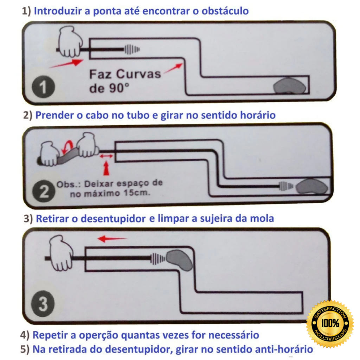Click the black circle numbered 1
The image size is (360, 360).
(x=43, y=87)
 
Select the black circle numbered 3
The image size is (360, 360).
(x=43, y=303)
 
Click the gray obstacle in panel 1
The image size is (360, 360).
(x=290, y=86)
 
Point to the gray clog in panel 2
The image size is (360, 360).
(x=311, y=186)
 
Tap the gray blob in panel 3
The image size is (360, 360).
(x=180, y=260)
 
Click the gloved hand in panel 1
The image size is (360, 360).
(x=70, y=41)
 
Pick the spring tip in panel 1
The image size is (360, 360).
(x=132, y=49)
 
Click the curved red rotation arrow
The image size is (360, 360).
(x=68, y=147)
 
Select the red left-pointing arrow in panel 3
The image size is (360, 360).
(x=112, y=239)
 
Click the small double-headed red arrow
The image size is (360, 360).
(x=106, y=156)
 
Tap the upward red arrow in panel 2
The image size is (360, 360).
(x=106, y=168)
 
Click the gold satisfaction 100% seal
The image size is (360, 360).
(x=330, y=323)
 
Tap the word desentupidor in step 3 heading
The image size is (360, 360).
(x=113, y=219)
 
